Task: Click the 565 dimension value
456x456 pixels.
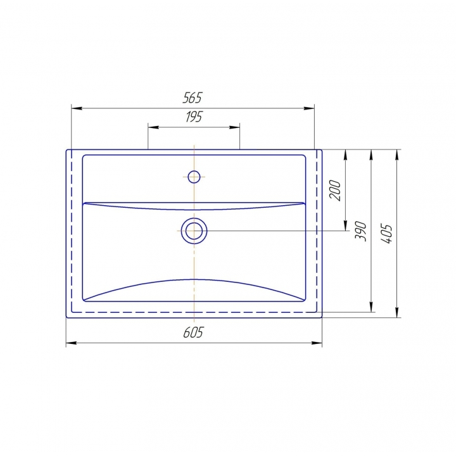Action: point(193,98)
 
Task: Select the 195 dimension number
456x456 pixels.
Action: point(194,117)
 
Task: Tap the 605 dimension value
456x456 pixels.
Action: point(194,332)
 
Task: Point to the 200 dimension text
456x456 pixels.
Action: point(335,190)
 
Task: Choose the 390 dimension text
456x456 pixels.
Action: point(360,231)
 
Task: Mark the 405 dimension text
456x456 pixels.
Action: point(386,234)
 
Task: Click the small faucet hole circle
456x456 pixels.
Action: point(194,177)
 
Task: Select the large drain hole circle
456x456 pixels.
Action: point(194,231)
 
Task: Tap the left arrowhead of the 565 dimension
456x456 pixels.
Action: point(77,108)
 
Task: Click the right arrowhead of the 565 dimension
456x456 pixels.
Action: point(309,108)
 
